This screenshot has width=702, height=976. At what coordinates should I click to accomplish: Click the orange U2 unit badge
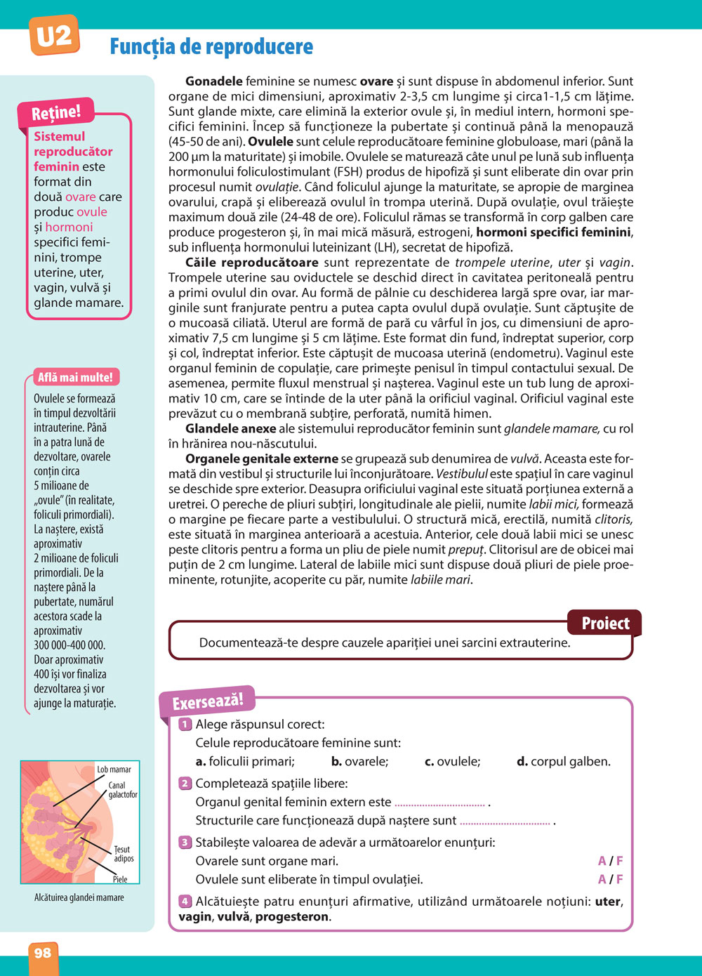(x=54, y=37)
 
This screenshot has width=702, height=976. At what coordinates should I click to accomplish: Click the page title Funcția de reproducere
(x=211, y=47)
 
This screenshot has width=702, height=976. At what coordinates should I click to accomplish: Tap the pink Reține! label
(x=56, y=112)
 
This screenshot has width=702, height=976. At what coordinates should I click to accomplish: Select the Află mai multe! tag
(x=75, y=377)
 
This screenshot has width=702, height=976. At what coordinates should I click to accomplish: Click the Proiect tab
(x=604, y=623)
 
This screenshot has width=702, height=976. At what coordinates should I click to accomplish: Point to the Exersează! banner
(x=208, y=700)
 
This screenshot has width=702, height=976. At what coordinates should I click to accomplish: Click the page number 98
(x=43, y=953)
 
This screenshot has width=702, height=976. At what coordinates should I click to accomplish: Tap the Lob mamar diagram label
(x=114, y=770)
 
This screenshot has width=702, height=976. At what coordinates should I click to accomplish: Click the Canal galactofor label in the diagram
(x=122, y=790)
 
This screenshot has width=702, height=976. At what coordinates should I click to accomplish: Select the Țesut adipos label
(x=124, y=854)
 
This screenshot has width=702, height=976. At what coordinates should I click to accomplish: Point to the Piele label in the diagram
(x=120, y=879)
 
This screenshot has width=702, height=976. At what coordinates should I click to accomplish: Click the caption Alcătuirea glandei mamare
(x=79, y=897)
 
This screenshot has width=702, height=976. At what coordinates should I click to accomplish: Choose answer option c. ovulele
(x=453, y=761)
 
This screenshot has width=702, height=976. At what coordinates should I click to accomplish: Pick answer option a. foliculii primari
(x=245, y=761)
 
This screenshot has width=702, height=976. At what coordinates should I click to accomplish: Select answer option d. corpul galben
(x=564, y=761)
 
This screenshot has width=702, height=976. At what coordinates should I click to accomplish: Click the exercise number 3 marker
(x=185, y=843)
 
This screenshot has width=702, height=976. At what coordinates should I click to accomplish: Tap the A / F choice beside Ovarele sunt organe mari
(x=610, y=861)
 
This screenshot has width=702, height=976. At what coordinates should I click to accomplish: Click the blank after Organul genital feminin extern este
(x=440, y=803)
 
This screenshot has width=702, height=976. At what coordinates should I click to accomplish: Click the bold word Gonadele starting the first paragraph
(x=214, y=81)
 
